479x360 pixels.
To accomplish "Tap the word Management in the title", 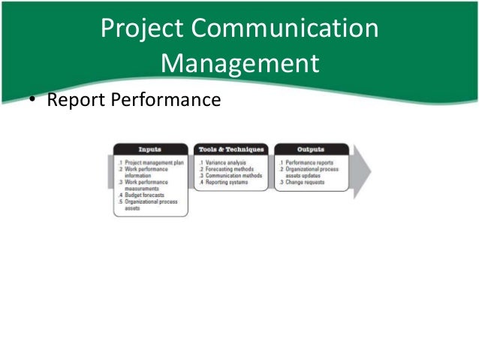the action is point(239,64).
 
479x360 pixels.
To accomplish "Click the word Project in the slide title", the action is point(143,30).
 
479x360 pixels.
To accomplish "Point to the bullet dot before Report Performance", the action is point(34,100).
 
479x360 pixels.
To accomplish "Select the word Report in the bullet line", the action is point(74,99).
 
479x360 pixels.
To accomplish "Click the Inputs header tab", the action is point(150,149).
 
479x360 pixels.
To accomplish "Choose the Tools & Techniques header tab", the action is point(230,149).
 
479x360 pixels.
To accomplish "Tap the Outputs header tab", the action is point(311,149).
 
